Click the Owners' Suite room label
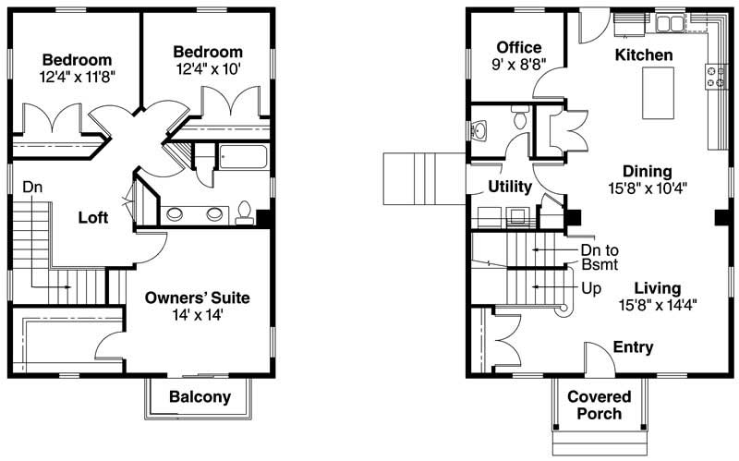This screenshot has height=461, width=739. (x=198, y=298)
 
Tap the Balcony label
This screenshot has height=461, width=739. (x=200, y=397)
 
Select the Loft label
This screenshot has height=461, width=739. (x=92, y=218)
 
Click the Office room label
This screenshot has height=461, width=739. (x=518, y=48)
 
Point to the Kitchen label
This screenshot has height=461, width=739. (x=644, y=55)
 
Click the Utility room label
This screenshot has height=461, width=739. (x=510, y=188)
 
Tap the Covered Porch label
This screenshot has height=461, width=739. (x=600, y=405)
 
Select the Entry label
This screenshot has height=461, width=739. (x=634, y=347)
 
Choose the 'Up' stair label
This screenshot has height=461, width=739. (x=591, y=288)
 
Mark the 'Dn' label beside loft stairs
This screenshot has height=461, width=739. (x=32, y=187)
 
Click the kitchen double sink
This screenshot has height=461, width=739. (x=663, y=21)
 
